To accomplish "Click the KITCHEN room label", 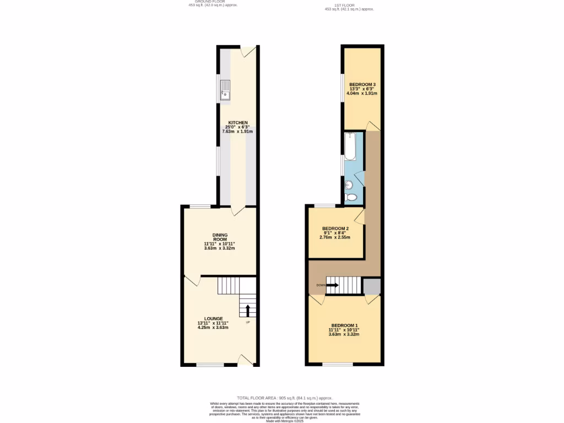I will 238,122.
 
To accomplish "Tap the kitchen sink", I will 226,90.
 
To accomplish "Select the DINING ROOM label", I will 220,236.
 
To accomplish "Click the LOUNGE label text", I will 213,318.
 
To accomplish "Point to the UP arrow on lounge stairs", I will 248,310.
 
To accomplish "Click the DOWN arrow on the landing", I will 332,285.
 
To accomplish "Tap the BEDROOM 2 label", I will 335,229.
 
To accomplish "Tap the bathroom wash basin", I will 349,185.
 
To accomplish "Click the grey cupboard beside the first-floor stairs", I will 371,286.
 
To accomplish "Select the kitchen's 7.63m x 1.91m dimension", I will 238,132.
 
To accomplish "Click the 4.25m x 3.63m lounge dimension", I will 213,328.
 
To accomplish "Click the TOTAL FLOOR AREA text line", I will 285,397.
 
